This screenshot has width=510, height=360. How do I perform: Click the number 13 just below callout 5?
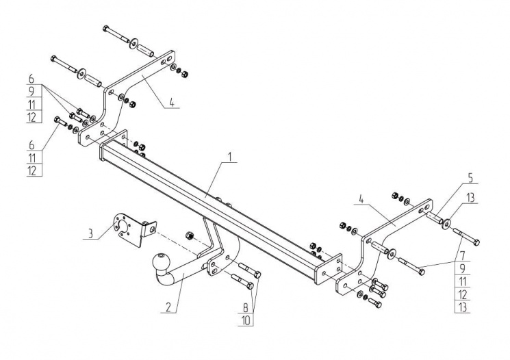point(470,198)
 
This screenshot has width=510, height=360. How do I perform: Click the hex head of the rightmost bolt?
point(476,241)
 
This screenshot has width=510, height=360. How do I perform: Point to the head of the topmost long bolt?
point(105,28)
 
